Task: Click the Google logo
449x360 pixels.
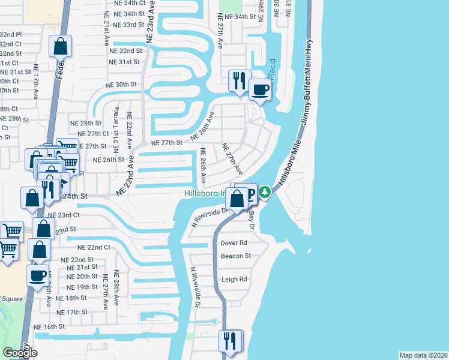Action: click(20, 353)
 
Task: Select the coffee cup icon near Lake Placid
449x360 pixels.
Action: click(260, 91)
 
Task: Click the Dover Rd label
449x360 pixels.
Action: click(234, 243)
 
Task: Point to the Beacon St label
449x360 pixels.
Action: click(235, 256)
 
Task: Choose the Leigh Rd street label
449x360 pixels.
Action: click(234, 279)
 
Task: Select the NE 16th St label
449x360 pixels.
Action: click(49, 326)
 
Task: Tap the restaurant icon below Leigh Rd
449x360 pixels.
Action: click(230, 341)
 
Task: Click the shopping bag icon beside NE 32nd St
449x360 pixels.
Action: click(61, 46)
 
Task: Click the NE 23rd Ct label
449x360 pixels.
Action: click(64, 215)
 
